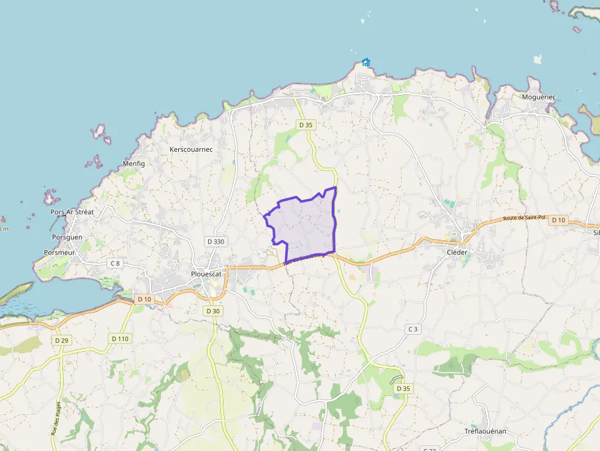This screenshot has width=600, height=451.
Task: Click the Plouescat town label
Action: [206, 274]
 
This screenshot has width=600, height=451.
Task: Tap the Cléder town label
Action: [457, 252]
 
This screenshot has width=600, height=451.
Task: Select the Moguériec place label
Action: [539, 97]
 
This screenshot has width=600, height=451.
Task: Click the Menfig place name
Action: [134, 163]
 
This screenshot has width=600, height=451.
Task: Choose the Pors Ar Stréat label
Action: [72, 212]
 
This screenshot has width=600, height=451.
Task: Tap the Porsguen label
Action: [67, 237]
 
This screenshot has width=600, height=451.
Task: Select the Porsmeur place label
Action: [59, 252]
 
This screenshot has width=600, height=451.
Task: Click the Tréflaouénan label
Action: [486, 431]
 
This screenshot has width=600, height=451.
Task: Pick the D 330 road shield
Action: [216, 242]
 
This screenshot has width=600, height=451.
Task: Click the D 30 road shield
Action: [212, 311]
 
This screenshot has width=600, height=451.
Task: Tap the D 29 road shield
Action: [61, 340]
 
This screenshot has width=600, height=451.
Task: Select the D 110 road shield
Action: [120, 338]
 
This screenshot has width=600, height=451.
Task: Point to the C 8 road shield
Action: [114, 263]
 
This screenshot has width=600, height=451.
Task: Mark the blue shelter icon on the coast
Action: [366, 62]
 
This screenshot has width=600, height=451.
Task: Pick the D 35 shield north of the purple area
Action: [306, 125]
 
